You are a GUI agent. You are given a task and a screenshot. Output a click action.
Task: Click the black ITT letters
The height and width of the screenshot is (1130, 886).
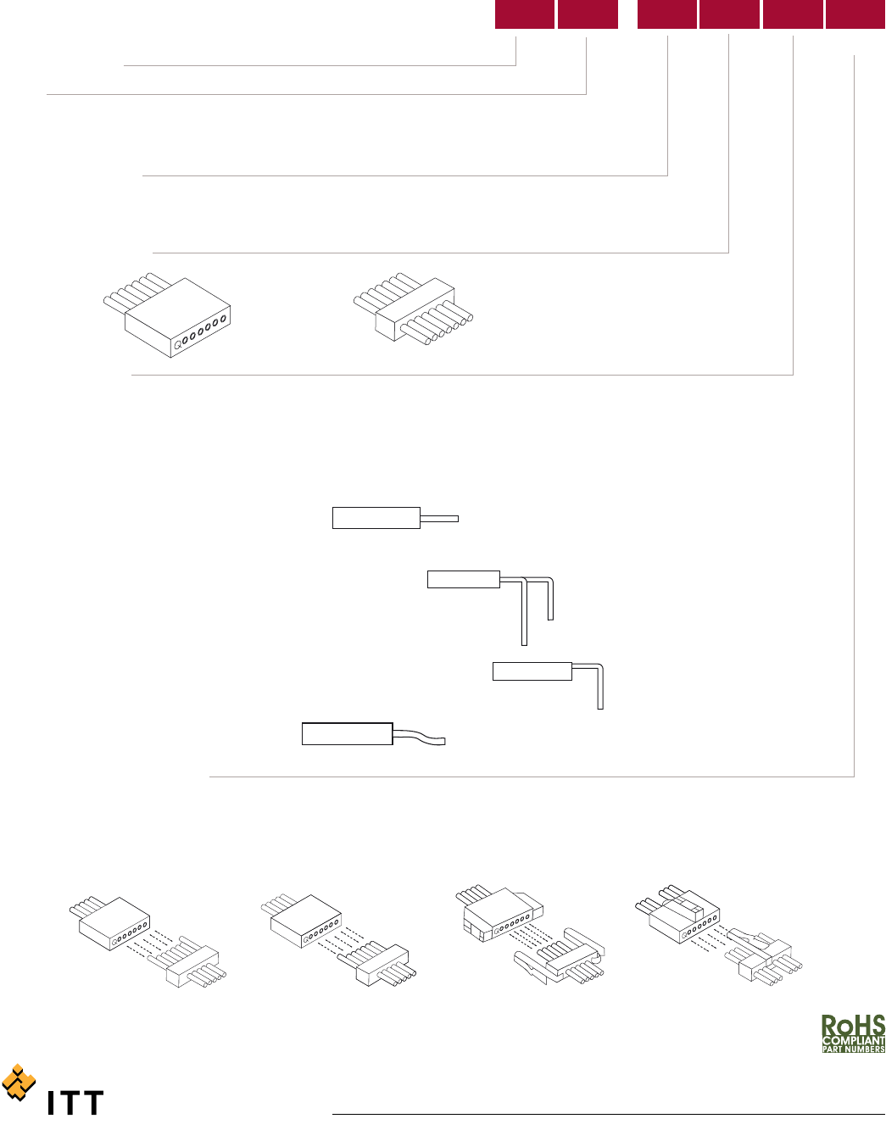(x=75, y=1102)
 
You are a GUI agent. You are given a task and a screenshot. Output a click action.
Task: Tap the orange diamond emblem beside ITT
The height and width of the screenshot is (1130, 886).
(x=19, y=1083)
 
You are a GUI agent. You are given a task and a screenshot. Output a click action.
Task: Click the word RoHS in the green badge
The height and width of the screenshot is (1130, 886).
(x=853, y=1025)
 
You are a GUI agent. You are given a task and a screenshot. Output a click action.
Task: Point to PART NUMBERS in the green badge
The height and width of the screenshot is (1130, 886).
(x=854, y=1049)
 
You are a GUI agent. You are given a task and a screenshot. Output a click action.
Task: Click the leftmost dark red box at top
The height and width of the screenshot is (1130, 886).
(x=525, y=14)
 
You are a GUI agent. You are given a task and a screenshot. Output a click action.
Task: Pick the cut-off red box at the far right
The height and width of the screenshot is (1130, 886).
(x=855, y=14)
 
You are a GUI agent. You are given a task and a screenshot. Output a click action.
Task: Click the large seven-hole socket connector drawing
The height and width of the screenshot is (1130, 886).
(x=167, y=315)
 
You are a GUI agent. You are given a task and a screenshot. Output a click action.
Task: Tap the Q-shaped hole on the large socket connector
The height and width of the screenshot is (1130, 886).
(x=178, y=343)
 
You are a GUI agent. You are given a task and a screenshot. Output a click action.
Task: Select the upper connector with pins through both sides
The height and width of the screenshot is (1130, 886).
(x=414, y=309)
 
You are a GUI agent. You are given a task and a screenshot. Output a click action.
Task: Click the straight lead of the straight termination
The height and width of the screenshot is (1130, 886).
(x=439, y=519)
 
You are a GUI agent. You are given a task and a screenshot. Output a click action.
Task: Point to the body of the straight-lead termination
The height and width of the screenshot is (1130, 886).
(x=376, y=518)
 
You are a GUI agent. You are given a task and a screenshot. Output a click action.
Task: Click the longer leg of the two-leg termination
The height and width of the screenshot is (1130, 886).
(x=524, y=614)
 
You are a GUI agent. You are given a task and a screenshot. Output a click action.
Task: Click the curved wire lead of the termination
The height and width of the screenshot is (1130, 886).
(x=419, y=738)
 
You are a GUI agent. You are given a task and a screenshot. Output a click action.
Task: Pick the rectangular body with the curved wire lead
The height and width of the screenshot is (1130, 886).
(x=348, y=734)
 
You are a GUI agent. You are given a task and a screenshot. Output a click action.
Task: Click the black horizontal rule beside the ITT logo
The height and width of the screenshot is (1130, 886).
(x=609, y=1115)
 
